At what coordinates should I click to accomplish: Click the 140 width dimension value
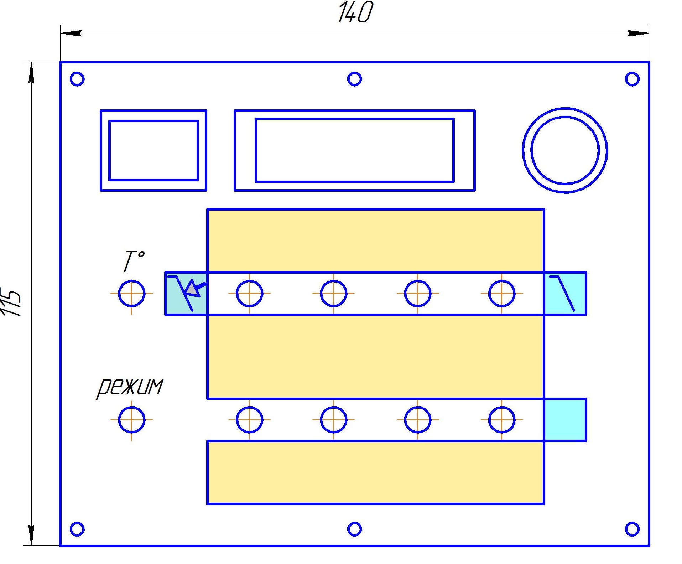tap(355, 13)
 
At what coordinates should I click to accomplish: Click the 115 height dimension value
tap(11, 301)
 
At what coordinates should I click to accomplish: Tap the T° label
tap(134, 261)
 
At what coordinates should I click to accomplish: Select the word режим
tap(130, 387)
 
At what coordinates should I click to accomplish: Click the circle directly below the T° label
tap(131, 294)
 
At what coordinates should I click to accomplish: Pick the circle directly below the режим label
tap(131, 420)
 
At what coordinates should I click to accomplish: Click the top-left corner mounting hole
tap(77, 79)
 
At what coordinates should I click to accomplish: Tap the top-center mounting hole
tap(354, 79)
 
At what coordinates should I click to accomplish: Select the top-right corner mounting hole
tap(632, 79)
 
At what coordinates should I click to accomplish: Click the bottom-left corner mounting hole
tap(77, 529)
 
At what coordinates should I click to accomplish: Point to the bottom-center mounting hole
tap(354, 529)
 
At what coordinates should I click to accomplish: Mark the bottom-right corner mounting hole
tap(632, 529)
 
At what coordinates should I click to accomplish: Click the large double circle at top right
tap(565, 150)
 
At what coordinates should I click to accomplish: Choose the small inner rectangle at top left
tap(153, 150)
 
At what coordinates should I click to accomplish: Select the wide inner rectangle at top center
tap(354, 150)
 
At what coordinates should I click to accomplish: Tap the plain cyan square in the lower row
tap(565, 420)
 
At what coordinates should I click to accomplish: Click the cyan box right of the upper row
tap(565, 294)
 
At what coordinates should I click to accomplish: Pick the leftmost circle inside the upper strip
tap(249, 294)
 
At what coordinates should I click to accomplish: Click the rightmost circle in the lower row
tap(502, 420)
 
